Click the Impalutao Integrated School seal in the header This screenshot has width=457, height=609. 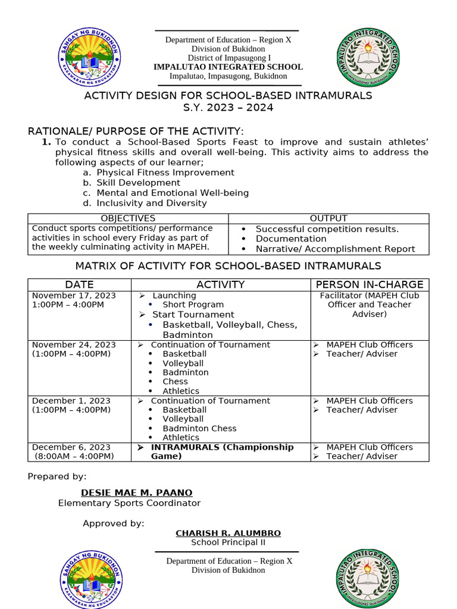coord(367,58)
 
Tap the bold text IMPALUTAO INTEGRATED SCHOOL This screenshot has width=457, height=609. coord(228,67)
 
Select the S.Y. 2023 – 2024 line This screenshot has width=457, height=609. coord(228,108)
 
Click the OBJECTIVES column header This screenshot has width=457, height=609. coord(128,218)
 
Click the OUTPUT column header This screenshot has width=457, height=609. coord(328,218)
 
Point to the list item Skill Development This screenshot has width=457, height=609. coord(138,183)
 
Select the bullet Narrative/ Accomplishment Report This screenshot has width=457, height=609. coord(335,249)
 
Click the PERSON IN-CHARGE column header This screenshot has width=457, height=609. coord(370,284)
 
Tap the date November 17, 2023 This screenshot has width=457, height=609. coord(74,296)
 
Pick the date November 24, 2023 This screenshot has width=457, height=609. coord(74,345)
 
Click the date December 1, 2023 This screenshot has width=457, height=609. coord(71,401)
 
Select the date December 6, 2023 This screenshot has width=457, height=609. coord(71,447)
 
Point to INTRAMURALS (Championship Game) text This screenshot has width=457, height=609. coord(222,451)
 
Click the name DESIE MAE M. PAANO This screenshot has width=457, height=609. coord(136,492)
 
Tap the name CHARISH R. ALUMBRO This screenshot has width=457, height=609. coord(228,533)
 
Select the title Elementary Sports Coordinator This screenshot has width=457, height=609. coord(129,503)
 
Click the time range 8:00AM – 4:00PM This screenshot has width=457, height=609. coord(74,456)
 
